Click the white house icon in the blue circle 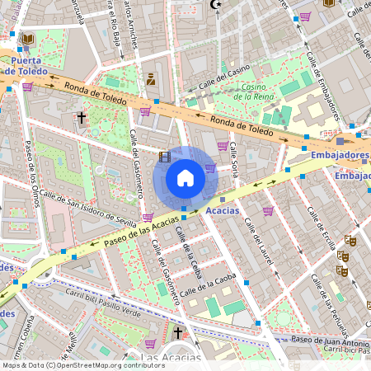coord(185,178)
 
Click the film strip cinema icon coord(164,157)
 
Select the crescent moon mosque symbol coord(218,5)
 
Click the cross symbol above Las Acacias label coord(177,333)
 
